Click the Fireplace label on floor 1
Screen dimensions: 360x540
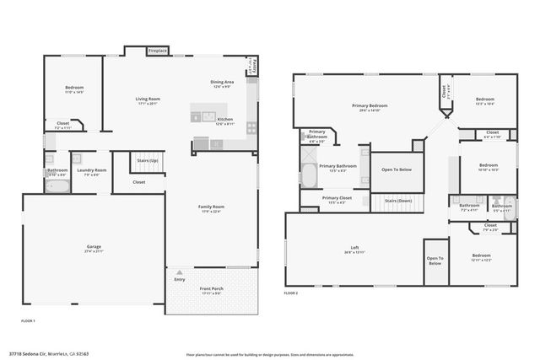point(157,51)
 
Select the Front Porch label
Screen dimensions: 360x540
point(211,289)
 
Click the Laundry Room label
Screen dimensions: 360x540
point(92,171)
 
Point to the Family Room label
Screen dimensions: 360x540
point(212,207)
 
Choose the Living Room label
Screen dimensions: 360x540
point(148,99)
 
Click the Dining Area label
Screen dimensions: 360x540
point(222,82)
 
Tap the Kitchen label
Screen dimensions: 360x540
point(224,120)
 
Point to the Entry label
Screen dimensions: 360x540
point(179,279)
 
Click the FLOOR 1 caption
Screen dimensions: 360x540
point(30,321)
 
